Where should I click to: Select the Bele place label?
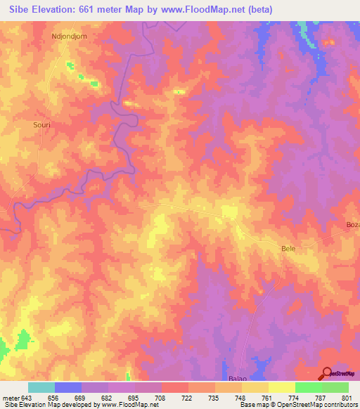288,249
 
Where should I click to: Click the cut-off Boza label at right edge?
352,224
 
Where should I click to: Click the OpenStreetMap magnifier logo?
328,373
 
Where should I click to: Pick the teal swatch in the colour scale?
41,387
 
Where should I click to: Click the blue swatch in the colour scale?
68,387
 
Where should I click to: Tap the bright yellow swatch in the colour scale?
282,387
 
